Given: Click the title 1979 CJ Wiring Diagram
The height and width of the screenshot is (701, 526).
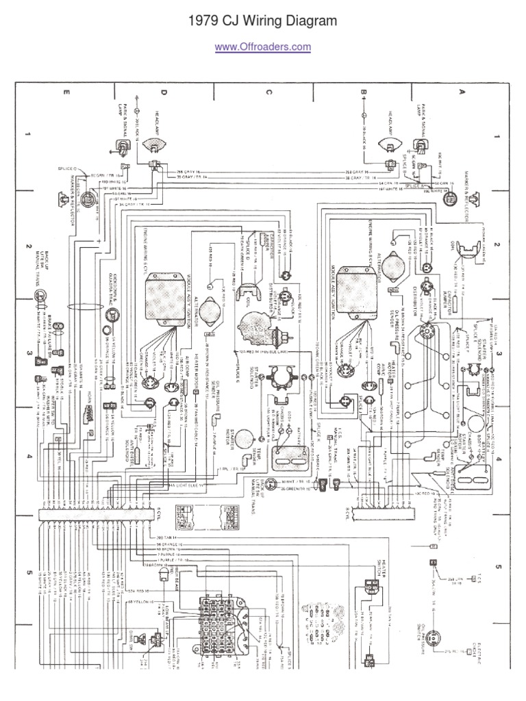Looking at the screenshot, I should tap(263, 21).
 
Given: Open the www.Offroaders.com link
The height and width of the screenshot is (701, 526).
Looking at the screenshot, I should tap(263, 47).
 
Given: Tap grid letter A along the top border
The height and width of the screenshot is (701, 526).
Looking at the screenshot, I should tap(462, 90).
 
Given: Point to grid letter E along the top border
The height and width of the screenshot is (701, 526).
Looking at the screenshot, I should tap(66, 91).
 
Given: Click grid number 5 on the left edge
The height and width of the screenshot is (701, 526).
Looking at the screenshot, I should tap(29, 572).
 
